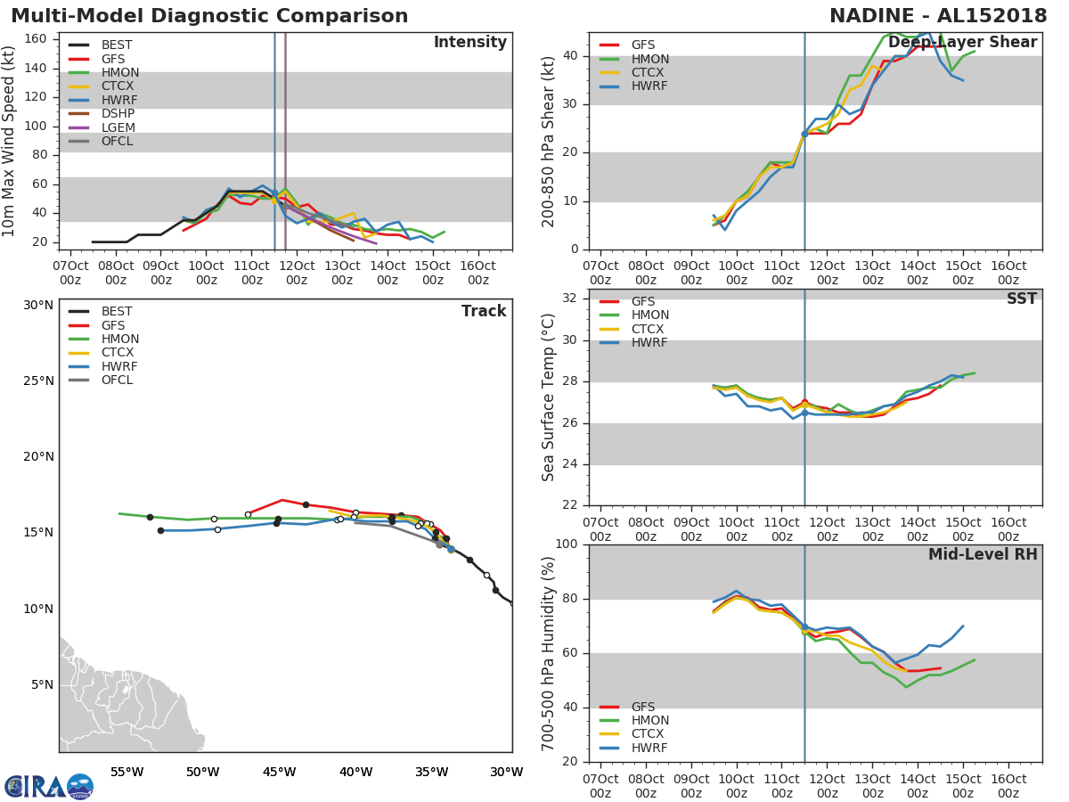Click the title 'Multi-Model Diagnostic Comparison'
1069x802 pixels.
pyautogui.click(x=209, y=16)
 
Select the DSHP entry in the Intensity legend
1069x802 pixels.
pyautogui.click(x=118, y=114)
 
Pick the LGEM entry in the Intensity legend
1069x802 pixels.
pyautogui.click(x=118, y=127)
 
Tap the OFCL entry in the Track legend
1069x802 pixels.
pyautogui.click(x=118, y=381)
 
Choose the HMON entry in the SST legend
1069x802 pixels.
pyautogui.click(x=649, y=315)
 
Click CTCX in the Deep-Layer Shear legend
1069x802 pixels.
pyautogui.click(x=649, y=73)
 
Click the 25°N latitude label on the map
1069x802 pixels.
pyautogui.click(x=38, y=381)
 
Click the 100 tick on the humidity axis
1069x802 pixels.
pyautogui.click(x=567, y=544)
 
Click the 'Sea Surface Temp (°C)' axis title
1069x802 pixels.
pyautogui.click(x=550, y=398)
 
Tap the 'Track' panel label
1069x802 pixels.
pyautogui.click(x=484, y=312)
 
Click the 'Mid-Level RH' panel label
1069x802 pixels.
pyautogui.click(x=983, y=555)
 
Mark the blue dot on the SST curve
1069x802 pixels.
pyautogui.click(x=804, y=413)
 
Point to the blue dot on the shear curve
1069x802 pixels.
pyautogui.click(x=804, y=134)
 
